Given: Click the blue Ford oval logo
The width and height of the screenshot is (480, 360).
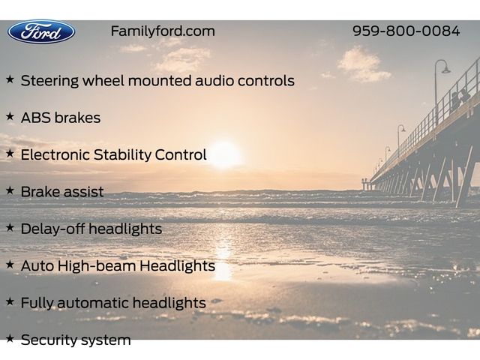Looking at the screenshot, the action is tap(41, 31).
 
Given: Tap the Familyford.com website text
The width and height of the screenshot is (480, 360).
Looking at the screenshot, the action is tap(163, 31).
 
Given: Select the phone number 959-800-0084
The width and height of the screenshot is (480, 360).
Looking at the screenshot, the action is tap(406, 31).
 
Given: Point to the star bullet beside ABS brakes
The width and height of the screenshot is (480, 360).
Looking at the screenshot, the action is tap(10, 117).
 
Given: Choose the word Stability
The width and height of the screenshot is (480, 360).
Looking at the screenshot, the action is tap(122, 155).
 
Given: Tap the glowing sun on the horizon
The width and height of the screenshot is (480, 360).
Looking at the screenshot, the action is tap(225, 154).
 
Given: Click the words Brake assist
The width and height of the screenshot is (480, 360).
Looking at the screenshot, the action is tap(62, 192).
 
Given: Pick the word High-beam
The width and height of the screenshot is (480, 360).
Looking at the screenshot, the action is tap(97, 265).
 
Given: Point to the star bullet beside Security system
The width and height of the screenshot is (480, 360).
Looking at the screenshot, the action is tap(10, 338).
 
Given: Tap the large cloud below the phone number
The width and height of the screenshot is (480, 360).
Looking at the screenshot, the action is tap(363, 64).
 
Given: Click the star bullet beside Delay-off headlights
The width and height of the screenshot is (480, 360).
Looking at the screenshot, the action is tap(10, 228).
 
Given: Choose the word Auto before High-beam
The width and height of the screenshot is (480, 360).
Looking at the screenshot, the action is tap(37, 266).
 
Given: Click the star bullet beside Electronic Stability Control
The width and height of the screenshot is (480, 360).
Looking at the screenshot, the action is tap(10, 153).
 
